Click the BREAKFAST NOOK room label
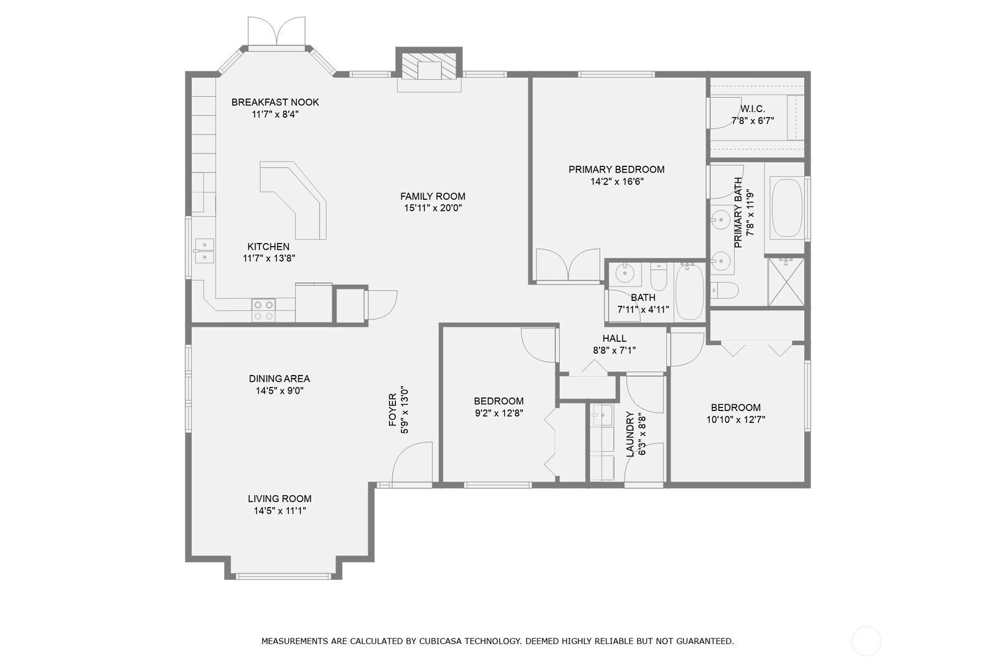tap(275, 102)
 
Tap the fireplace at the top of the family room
tap(429, 67)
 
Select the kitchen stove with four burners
tap(263, 310)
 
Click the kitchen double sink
tap(204, 251)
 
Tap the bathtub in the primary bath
tap(787, 208)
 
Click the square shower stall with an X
tap(786, 282)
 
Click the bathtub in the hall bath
tap(689, 291)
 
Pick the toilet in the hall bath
tap(659, 277)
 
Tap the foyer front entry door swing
tap(412, 463)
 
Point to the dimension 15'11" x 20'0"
tap(433, 208)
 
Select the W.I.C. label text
tap(753, 108)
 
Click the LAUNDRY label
tap(629, 434)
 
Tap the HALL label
tap(614, 338)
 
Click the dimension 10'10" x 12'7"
tap(736, 419)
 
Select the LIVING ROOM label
tap(280, 499)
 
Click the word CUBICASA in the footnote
tap(439, 642)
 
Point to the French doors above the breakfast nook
tap(276, 32)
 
